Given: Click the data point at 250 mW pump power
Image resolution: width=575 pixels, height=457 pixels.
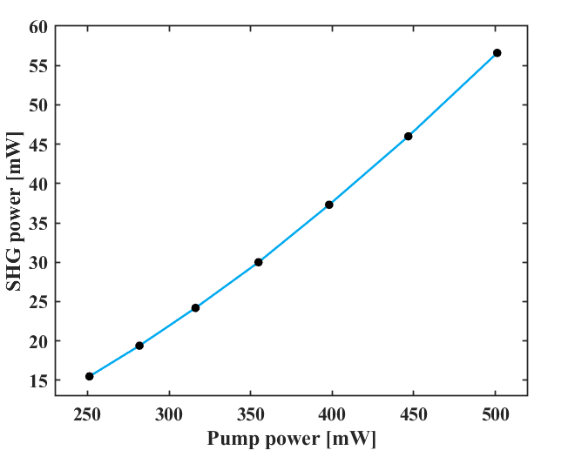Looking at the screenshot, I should (90, 376).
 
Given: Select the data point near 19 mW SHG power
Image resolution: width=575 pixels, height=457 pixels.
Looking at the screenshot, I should (139, 346).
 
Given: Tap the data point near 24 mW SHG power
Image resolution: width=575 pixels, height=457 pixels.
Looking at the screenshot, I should (195, 307).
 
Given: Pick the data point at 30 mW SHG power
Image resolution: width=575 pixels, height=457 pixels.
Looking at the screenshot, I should (259, 262).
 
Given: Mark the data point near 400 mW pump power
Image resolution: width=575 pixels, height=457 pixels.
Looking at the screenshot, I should (329, 205).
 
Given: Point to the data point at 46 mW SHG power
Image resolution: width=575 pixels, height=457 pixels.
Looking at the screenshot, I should (408, 136).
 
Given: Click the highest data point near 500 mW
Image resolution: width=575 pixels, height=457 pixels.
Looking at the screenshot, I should (497, 53).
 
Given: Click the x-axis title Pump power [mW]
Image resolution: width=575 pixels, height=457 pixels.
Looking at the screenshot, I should (291, 440).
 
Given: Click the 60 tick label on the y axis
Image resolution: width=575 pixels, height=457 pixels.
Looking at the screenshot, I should (37, 26).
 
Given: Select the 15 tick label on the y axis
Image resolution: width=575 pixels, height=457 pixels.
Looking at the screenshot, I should (37, 380).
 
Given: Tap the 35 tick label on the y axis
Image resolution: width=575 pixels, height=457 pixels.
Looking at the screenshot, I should (37, 223).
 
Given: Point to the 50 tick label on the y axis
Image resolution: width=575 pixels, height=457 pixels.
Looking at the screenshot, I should (37, 104).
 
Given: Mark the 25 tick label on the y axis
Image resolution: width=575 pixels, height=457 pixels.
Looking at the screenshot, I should (37, 302).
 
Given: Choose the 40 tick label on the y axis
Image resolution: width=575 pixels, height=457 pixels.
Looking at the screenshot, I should (37, 184).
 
